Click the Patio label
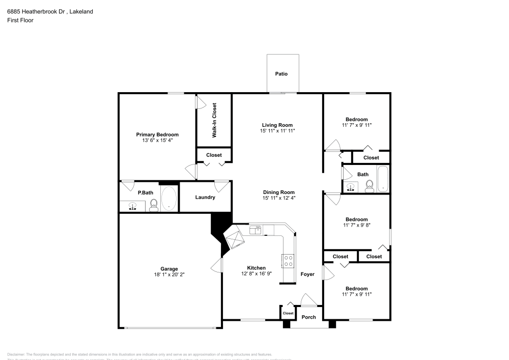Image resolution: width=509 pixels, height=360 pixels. point(281,74)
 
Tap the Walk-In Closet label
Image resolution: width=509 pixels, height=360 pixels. point(214,120)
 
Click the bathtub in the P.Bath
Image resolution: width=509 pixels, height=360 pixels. point(169,199)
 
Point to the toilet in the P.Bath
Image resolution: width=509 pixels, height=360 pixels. point(153,205)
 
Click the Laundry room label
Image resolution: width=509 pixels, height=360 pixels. point(205,197)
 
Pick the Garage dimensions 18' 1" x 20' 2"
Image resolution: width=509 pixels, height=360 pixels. point(169,274)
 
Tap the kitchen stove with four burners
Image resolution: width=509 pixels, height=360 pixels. point(288,260)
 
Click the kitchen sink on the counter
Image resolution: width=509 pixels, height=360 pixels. point(255,231)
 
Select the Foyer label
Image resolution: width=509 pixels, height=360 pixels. point(307,274)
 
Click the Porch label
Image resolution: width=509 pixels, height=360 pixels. point(309,317)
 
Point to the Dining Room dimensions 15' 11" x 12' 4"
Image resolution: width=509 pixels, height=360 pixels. point(279,198)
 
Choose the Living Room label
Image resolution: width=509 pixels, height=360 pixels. point(277,125)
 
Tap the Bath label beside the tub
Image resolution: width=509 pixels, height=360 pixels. point(362,174)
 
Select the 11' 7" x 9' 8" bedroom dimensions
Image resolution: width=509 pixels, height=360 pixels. point(356,225)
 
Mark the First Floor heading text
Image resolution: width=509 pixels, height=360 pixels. point(20,20)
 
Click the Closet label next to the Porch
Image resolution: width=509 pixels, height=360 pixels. point(288,313)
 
